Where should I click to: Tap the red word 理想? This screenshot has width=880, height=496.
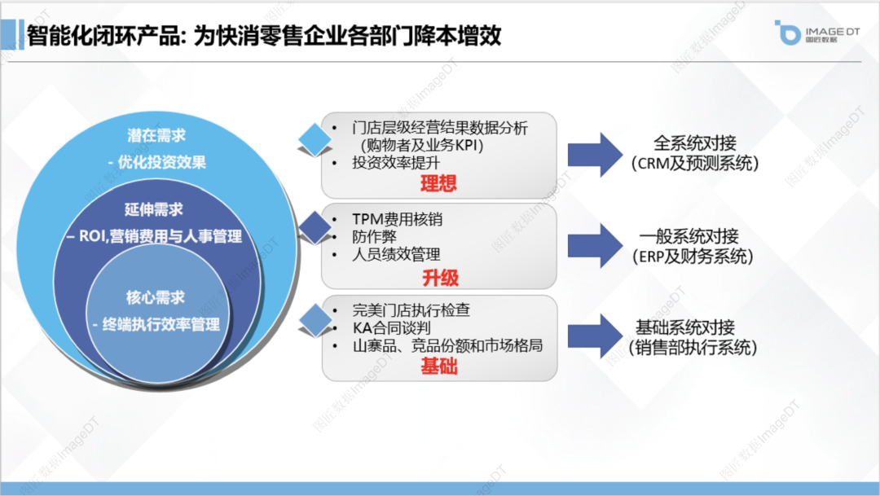[x=439, y=183]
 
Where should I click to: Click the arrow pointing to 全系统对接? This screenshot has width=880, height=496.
[x=595, y=153]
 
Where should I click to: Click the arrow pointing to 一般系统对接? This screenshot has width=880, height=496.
[x=595, y=246]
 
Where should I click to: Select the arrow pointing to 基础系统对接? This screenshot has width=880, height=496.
[x=595, y=335]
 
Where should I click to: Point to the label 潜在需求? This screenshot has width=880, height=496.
[x=156, y=135]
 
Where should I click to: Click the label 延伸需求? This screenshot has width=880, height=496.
[x=155, y=210]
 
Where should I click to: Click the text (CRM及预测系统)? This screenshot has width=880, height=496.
[x=694, y=164]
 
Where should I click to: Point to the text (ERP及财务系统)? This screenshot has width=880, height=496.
[x=694, y=257]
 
